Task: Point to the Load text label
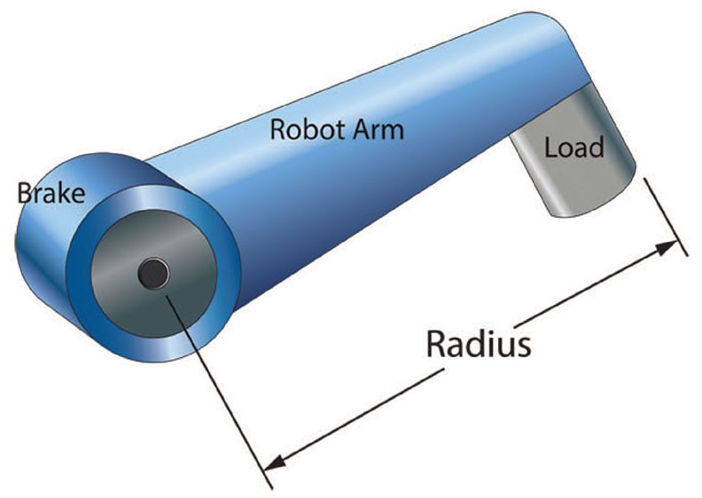tap(573, 146)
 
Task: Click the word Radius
tap(478, 343)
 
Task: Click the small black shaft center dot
tap(153, 274)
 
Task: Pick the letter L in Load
tap(551, 146)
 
